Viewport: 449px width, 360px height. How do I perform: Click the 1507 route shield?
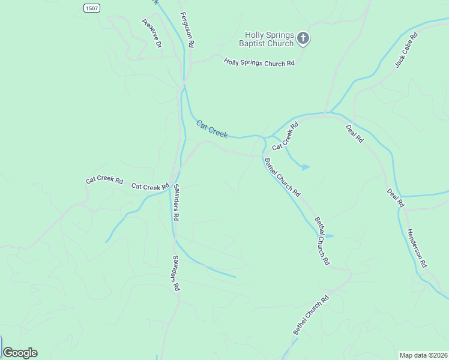[92, 8]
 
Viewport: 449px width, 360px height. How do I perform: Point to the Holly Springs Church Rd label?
[259, 62]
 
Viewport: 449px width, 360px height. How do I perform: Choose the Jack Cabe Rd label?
[406, 50]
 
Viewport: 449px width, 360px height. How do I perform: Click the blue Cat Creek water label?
[212, 129]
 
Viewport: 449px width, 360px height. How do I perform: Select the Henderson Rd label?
[416, 247]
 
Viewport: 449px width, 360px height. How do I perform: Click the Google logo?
[20, 353]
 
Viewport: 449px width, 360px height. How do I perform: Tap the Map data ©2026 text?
[423, 355]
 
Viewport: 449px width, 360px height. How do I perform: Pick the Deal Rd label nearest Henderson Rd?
[396, 198]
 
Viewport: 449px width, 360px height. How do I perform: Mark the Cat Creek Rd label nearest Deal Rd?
[285, 137]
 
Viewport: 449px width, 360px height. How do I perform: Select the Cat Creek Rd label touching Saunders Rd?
[150, 187]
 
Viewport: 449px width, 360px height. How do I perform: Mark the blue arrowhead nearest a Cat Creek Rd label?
[306, 167]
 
